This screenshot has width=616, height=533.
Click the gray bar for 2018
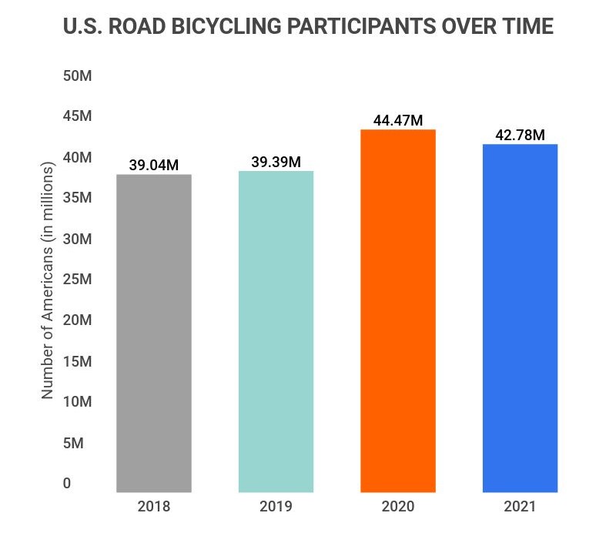click(153, 333)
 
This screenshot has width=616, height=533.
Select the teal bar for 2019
click(276, 331)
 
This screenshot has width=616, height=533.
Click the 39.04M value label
click(153, 166)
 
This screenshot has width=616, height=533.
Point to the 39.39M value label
click(276, 162)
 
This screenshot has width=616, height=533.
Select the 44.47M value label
click(398, 120)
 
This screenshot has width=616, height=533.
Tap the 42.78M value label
click(520, 135)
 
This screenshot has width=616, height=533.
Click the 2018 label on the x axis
click(153, 507)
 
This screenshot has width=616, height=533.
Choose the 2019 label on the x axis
click(276, 507)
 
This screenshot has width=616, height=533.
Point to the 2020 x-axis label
click(398, 507)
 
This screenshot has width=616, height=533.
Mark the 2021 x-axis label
click(520, 507)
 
